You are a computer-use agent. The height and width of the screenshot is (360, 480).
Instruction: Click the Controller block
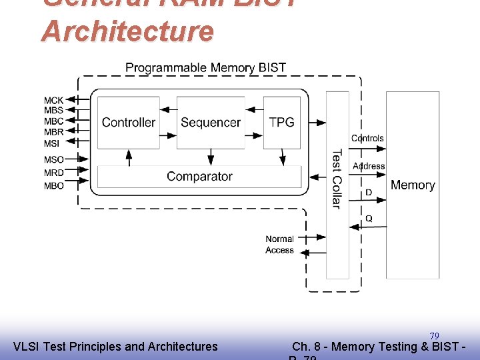[x=128, y=123]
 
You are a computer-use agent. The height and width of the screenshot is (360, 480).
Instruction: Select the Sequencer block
[x=210, y=123]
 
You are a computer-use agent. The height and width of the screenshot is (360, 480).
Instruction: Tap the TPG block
[x=281, y=123]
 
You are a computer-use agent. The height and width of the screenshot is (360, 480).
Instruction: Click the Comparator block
[x=199, y=177]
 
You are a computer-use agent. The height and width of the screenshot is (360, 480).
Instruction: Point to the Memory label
[x=413, y=185]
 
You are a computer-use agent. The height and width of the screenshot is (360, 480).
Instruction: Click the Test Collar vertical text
[x=337, y=178]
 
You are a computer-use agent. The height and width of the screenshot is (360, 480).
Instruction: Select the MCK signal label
[x=54, y=101]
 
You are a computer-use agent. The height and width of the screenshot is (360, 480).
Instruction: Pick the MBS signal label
[x=54, y=111]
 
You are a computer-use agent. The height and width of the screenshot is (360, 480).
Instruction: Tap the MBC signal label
[x=54, y=121]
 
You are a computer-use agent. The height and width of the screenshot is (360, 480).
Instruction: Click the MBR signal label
[x=54, y=132]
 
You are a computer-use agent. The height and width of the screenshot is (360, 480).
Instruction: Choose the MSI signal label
[x=52, y=143]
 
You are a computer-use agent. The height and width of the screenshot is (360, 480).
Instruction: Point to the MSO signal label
[x=54, y=159]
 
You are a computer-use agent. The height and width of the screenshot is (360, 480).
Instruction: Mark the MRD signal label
[x=54, y=173]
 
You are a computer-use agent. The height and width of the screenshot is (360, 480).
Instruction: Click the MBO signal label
[x=54, y=186]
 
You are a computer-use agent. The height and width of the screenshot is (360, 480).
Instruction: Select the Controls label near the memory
[x=367, y=139]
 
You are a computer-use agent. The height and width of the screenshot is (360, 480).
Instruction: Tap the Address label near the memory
[x=369, y=166]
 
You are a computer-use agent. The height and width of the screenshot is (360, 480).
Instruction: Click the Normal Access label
[x=279, y=245]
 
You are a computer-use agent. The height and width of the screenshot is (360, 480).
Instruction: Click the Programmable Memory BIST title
[x=205, y=68]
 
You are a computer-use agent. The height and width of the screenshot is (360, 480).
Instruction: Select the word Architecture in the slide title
[x=128, y=31]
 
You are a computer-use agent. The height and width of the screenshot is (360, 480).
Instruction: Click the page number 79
[x=434, y=335]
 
